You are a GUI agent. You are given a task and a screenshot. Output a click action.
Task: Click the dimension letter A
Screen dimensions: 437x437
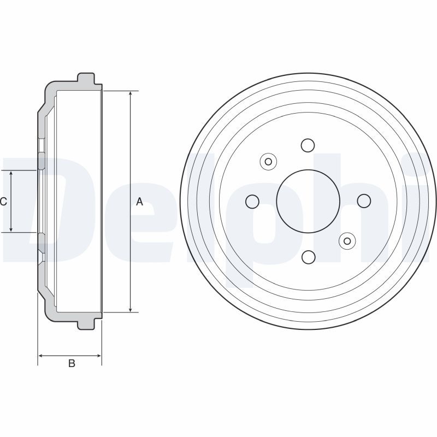139,202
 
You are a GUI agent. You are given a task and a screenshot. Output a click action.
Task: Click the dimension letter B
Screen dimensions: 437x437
72,363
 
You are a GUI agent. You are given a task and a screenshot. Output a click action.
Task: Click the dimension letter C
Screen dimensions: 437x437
3,202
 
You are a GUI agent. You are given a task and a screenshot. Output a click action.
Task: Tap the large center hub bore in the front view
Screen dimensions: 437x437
308,201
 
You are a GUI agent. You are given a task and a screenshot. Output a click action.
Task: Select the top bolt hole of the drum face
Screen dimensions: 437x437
308,145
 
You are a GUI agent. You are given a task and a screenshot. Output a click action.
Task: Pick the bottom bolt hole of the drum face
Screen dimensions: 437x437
308,257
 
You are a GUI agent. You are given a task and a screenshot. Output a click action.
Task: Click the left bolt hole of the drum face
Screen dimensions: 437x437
252,201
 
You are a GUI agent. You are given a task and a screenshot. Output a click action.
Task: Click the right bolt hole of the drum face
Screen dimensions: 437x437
364,201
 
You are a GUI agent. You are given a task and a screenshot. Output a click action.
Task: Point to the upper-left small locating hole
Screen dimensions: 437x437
268,161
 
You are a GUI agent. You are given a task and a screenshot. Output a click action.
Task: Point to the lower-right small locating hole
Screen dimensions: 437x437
347,241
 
